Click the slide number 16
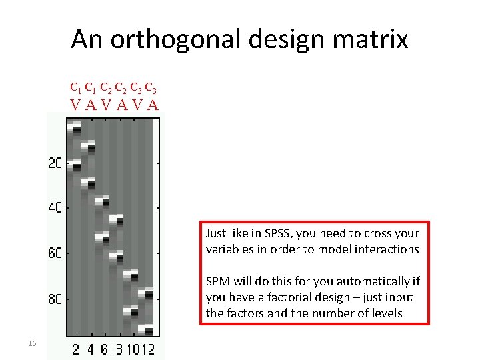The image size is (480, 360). tap(31, 343)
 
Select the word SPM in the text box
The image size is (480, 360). tap(217, 281)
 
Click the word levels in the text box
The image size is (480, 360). tap(388, 313)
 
